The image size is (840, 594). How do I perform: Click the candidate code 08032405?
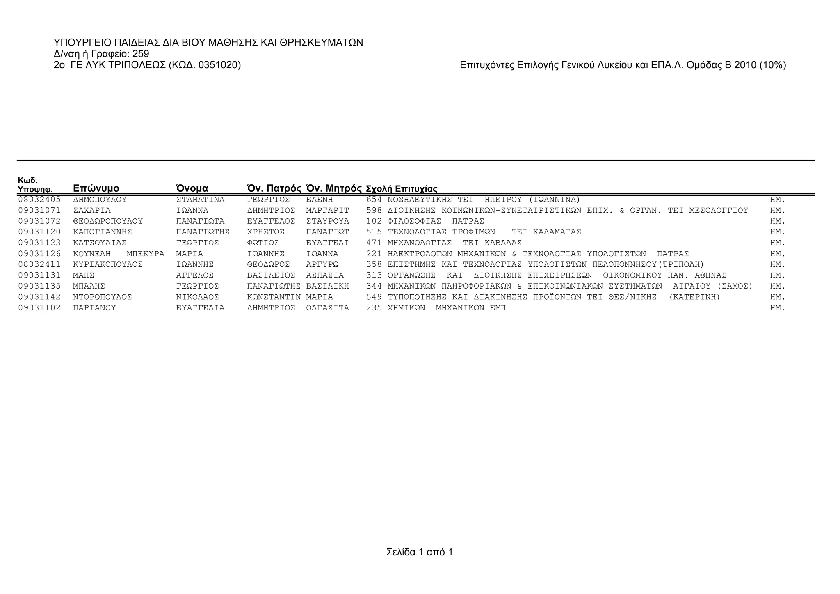tap(39, 200)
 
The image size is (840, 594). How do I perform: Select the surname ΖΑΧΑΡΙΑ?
tap(92, 211)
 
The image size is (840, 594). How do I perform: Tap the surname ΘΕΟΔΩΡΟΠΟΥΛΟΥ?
tap(108, 221)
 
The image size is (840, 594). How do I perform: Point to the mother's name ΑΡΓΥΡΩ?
tap(322, 264)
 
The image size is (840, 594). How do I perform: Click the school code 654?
tap(374, 200)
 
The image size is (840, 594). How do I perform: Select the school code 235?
tap(374, 308)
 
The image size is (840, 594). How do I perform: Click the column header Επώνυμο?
tap(96, 188)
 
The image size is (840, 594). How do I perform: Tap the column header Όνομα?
tap(192, 188)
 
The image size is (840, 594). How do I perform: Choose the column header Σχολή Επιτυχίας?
tap(401, 189)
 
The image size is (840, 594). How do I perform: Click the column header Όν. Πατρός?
tap(274, 188)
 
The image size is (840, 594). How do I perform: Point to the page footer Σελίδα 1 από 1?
tap(419, 552)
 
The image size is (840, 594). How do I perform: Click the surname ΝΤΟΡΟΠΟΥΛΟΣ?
tap(103, 297)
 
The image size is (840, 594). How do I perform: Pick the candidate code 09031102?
tap(39, 308)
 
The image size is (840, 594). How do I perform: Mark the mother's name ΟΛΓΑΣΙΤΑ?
tap(328, 308)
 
